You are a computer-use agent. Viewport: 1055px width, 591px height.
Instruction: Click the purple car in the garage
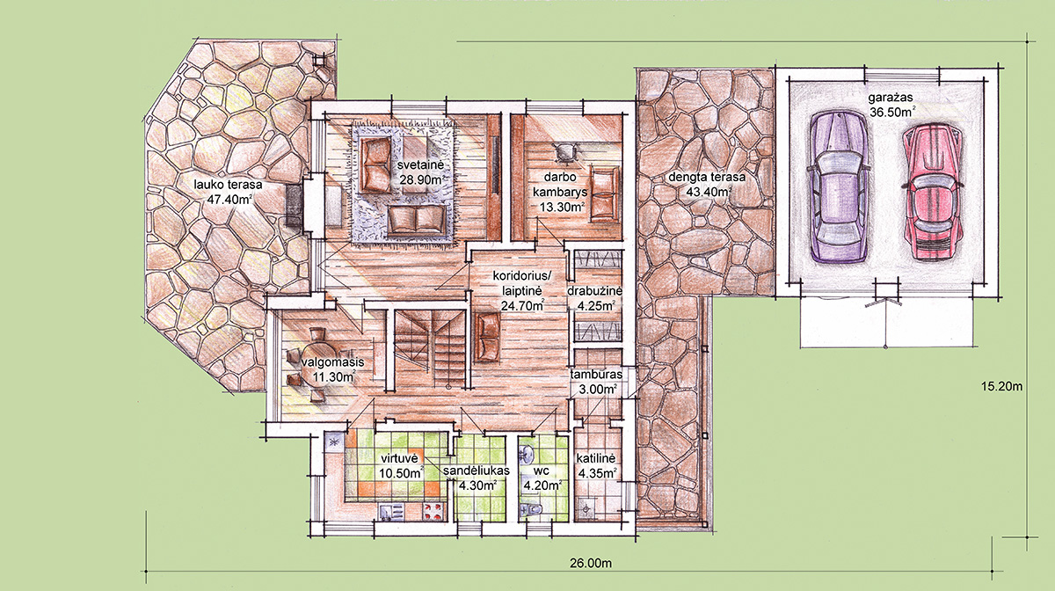[x=839, y=186]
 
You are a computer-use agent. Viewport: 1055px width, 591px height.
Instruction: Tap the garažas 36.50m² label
[x=891, y=105]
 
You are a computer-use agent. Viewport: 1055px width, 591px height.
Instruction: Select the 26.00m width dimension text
[x=591, y=563]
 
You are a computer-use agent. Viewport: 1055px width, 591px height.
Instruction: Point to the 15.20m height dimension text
[x=1001, y=386]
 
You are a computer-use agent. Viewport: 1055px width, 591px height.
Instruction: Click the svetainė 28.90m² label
[x=420, y=172]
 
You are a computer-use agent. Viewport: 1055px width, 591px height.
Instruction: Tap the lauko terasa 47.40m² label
[x=228, y=192]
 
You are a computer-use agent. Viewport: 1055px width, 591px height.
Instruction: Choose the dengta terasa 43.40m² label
[x=707, y=185]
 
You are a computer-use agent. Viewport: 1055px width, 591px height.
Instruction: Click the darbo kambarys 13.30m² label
[x=562, y=192]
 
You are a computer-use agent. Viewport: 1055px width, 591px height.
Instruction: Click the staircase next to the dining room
[x=429, y=349]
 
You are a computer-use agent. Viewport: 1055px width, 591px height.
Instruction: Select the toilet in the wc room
[x=531, y=510]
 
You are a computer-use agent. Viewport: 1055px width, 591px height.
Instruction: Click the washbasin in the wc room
[x=527, y=453]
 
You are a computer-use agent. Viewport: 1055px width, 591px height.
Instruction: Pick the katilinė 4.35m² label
[x=596, y=465]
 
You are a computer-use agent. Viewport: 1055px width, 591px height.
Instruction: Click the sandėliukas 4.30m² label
[x=477, y=478]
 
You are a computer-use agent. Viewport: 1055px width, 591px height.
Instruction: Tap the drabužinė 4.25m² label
[x=595, y=298]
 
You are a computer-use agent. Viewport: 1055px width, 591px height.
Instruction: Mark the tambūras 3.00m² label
[x=596, y=382]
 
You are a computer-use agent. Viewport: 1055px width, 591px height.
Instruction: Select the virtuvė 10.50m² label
[x=401, y=465]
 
